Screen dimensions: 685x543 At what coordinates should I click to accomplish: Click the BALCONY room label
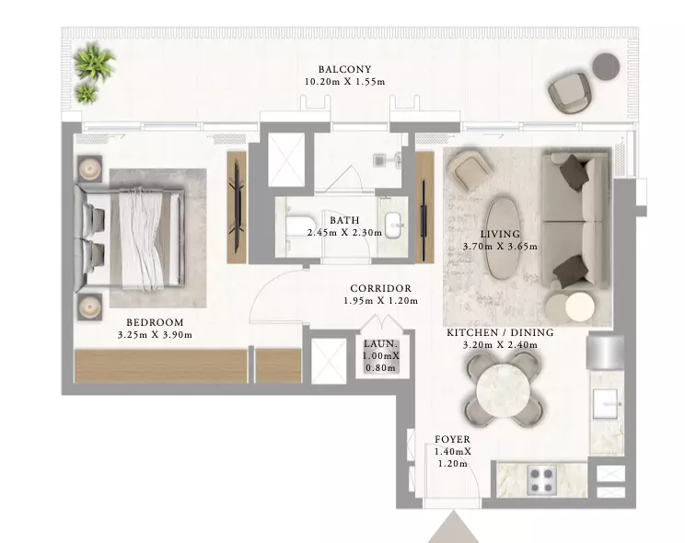[344, 69]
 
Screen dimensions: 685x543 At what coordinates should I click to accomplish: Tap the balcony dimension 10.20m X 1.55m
[344, 82]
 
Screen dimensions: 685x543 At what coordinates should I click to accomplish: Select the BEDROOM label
[155, 322]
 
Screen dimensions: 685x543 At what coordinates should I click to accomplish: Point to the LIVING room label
[500, 234]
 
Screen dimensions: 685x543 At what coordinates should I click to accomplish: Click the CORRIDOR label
[381, 289]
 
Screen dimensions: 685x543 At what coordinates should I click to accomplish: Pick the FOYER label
[453, 439]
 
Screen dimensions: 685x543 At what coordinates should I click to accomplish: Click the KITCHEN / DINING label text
[500, 332]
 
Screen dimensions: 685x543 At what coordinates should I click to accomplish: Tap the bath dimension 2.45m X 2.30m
[344, 233]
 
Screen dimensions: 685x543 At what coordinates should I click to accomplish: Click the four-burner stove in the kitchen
[542, 479]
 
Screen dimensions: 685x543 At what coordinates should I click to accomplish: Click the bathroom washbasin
[396, 225]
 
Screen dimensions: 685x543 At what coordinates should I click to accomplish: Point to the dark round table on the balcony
[606, 66]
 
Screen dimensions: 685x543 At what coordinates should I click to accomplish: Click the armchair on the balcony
[569, 93]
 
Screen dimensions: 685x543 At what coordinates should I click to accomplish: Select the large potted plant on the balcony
[94, 62]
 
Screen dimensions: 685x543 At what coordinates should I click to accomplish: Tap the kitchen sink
[606, 403]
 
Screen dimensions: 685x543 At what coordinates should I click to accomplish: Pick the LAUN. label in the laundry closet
[381, 344]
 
